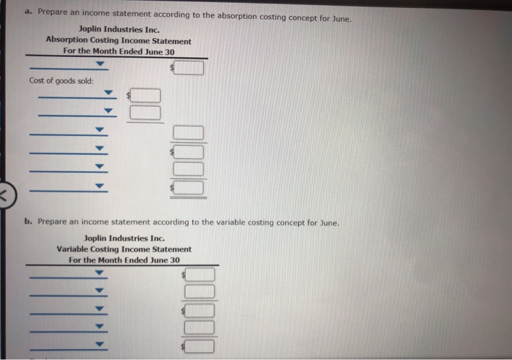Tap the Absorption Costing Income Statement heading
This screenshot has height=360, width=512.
[118, 41]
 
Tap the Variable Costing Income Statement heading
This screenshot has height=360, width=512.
[124, 249]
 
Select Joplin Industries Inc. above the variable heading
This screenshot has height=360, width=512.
[124, 239]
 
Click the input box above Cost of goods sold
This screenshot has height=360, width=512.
[189, 69]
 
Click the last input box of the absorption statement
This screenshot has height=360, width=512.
[189, 188]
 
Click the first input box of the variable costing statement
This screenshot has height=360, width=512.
[200, 274]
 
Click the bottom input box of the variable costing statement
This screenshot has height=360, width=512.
[200, 345]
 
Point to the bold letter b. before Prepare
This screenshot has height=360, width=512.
[27, 221]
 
